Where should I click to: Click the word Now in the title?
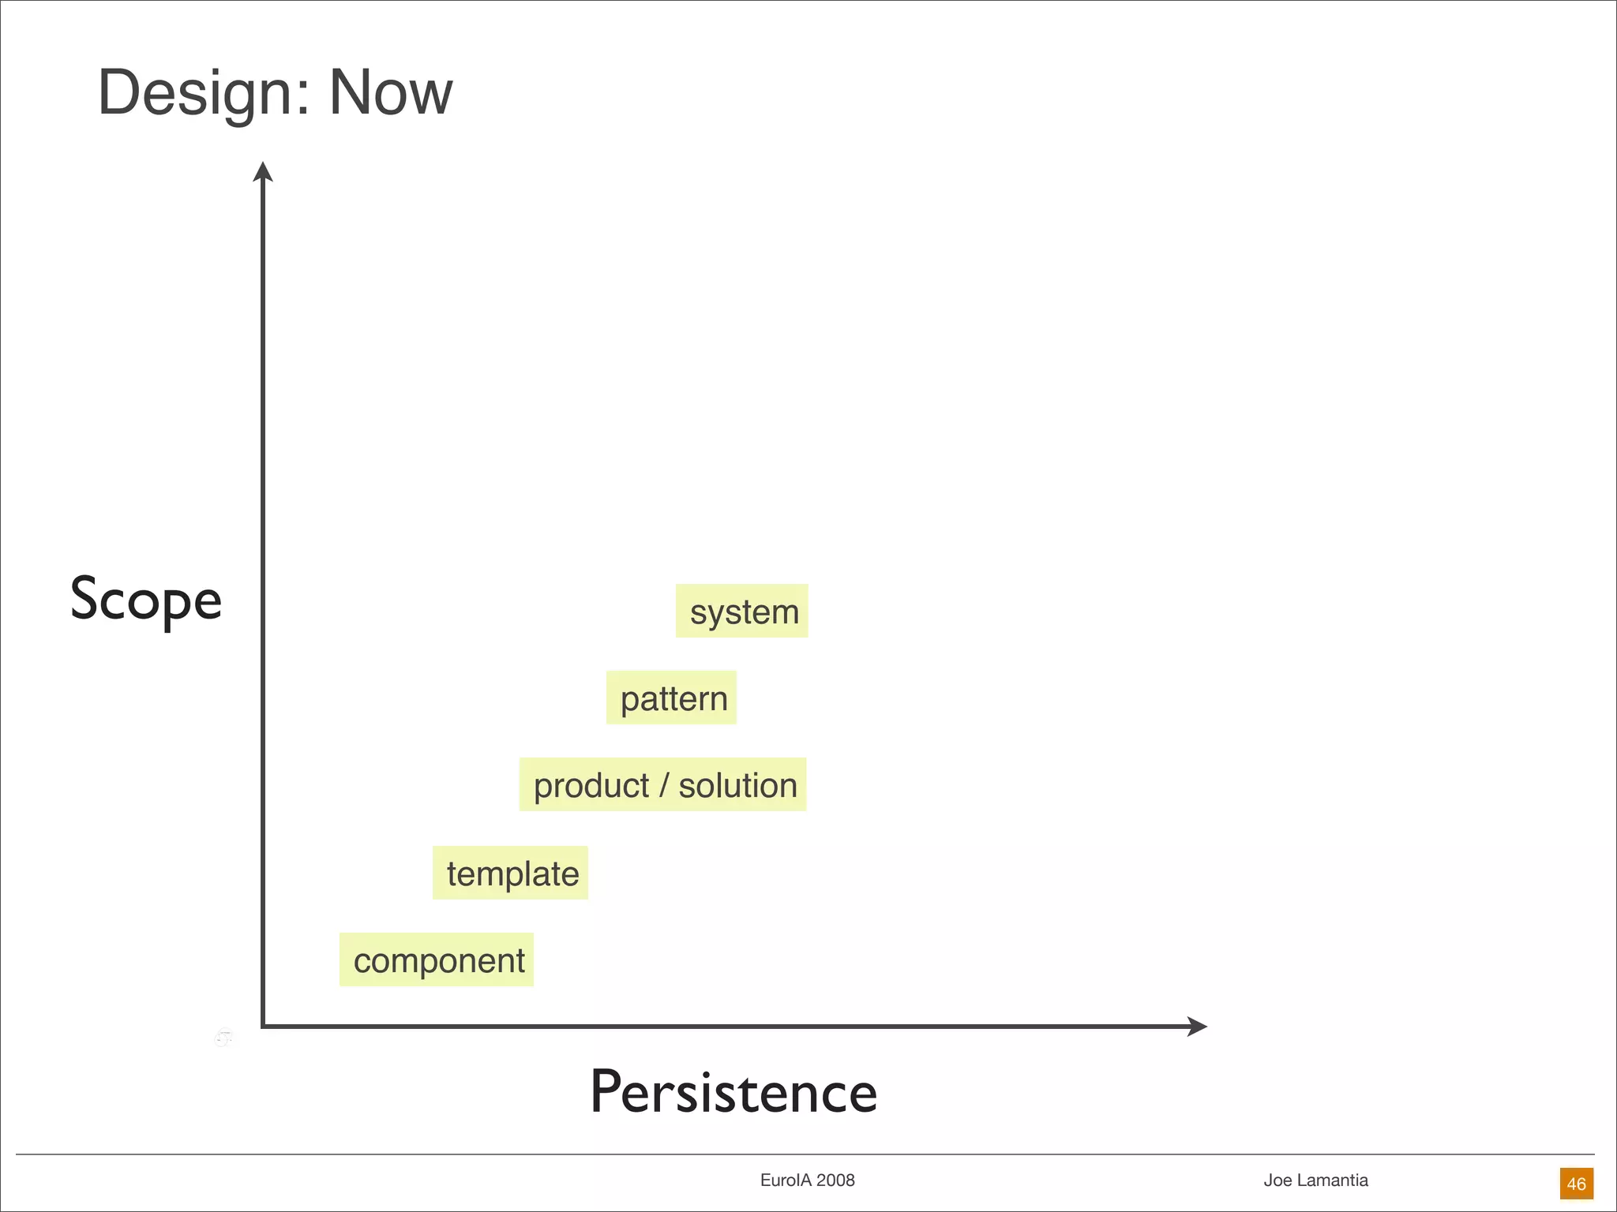coord(390,93)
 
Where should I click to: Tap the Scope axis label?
coord(146,600)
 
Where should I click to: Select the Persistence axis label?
coord(733,1092)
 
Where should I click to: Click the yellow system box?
coord(742,611)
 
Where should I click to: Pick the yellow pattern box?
coord(672,698)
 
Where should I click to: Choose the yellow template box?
coord(511,873)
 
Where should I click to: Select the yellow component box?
coord(437,959)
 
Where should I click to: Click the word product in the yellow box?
coord(591,785)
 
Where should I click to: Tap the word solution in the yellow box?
coord(737,785)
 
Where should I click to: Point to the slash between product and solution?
coord(663,785)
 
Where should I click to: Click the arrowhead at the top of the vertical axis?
coord(263,172)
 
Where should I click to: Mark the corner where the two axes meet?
coord(263,1026)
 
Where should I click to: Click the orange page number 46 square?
coord(1576,1184)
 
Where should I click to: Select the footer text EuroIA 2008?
coord(807,1180)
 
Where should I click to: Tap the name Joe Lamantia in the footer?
coord(1315,1180)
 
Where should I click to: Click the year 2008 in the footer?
coord(835,1180)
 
